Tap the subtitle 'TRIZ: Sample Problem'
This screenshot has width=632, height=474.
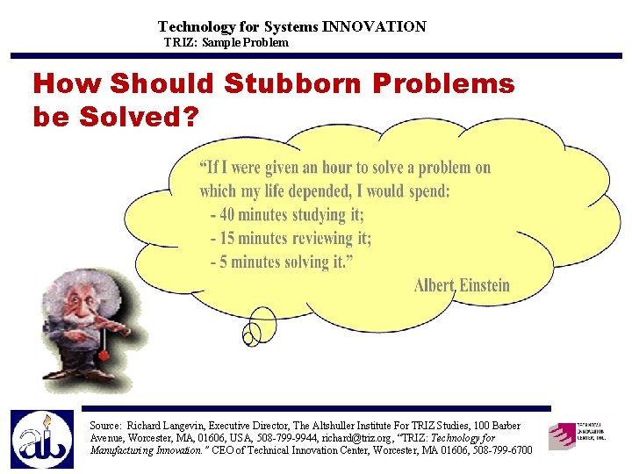pos(226,42)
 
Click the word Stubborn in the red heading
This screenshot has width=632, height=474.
pos(292,84)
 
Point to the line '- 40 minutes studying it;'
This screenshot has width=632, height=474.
pos(287,214)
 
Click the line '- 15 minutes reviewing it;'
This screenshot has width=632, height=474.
pos(291,238)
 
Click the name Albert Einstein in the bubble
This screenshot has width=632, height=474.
pos(462,285)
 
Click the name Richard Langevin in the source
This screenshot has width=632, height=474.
pos(169,425)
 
